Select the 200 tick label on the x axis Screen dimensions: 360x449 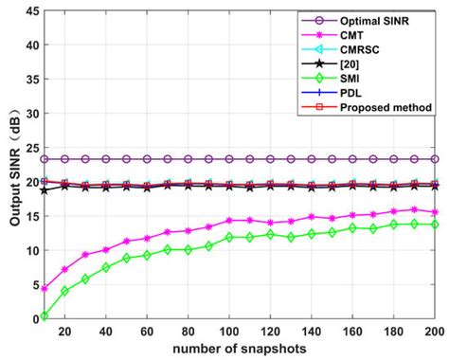coord(434,331)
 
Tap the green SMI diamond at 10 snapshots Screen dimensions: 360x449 coord(45,315)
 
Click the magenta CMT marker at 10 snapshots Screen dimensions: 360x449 coord(45,288)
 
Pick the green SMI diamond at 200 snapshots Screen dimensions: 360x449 coord(435,225)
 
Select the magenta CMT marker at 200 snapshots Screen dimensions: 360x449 coord(435,213)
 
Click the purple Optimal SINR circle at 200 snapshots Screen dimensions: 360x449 coord(435,159)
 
